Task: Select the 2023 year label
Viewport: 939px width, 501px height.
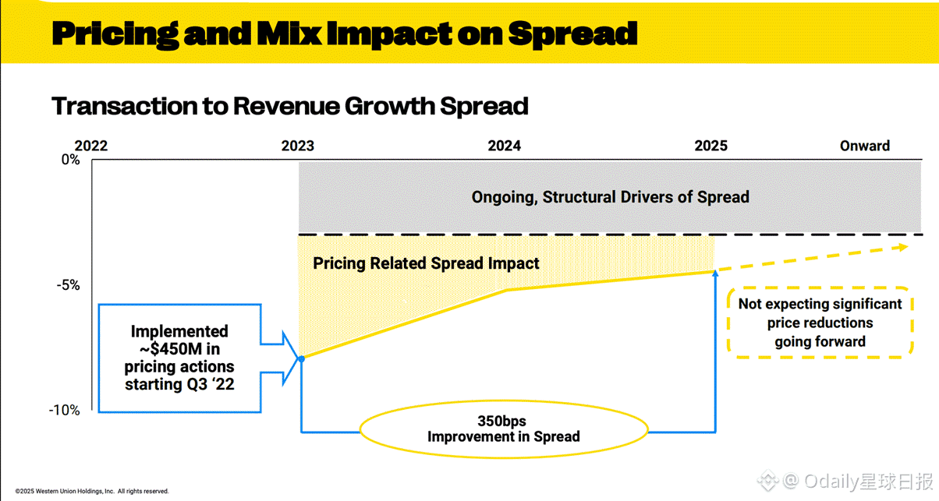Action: [298, 146]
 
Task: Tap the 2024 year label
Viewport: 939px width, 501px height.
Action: [505, 146]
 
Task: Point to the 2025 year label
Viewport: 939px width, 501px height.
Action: [710, 146]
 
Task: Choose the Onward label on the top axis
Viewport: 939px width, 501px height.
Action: [865, 146]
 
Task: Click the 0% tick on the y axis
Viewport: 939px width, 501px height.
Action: [71, 160]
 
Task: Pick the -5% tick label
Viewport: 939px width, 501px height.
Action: [69, 285]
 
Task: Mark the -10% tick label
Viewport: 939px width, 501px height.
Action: [66, 410]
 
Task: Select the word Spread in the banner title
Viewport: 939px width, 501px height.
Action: [572, 33]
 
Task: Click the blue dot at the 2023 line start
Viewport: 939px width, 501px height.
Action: [301, 358]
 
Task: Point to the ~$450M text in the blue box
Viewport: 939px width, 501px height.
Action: [179, 348]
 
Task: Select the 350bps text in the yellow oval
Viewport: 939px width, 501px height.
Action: [503, 422]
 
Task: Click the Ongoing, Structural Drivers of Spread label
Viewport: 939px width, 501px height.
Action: [610, 197]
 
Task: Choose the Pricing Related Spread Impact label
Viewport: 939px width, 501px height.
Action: [426, 263]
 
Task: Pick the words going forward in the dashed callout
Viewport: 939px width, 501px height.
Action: [820, 341]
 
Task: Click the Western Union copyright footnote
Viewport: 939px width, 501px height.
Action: [92, 492]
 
